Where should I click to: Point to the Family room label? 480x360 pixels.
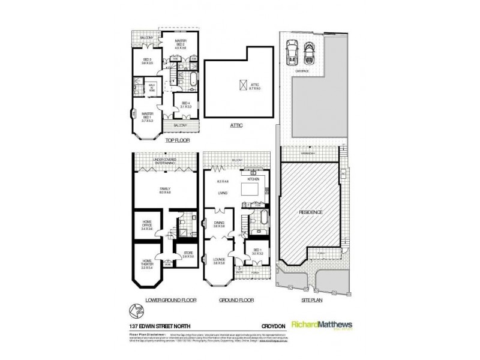pyautogui.click(x=165, y=190)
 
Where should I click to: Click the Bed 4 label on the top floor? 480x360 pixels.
pyautogui.click(x=185, y=105)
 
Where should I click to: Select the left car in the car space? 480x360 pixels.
pyautogui.click(x=292, y=52)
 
